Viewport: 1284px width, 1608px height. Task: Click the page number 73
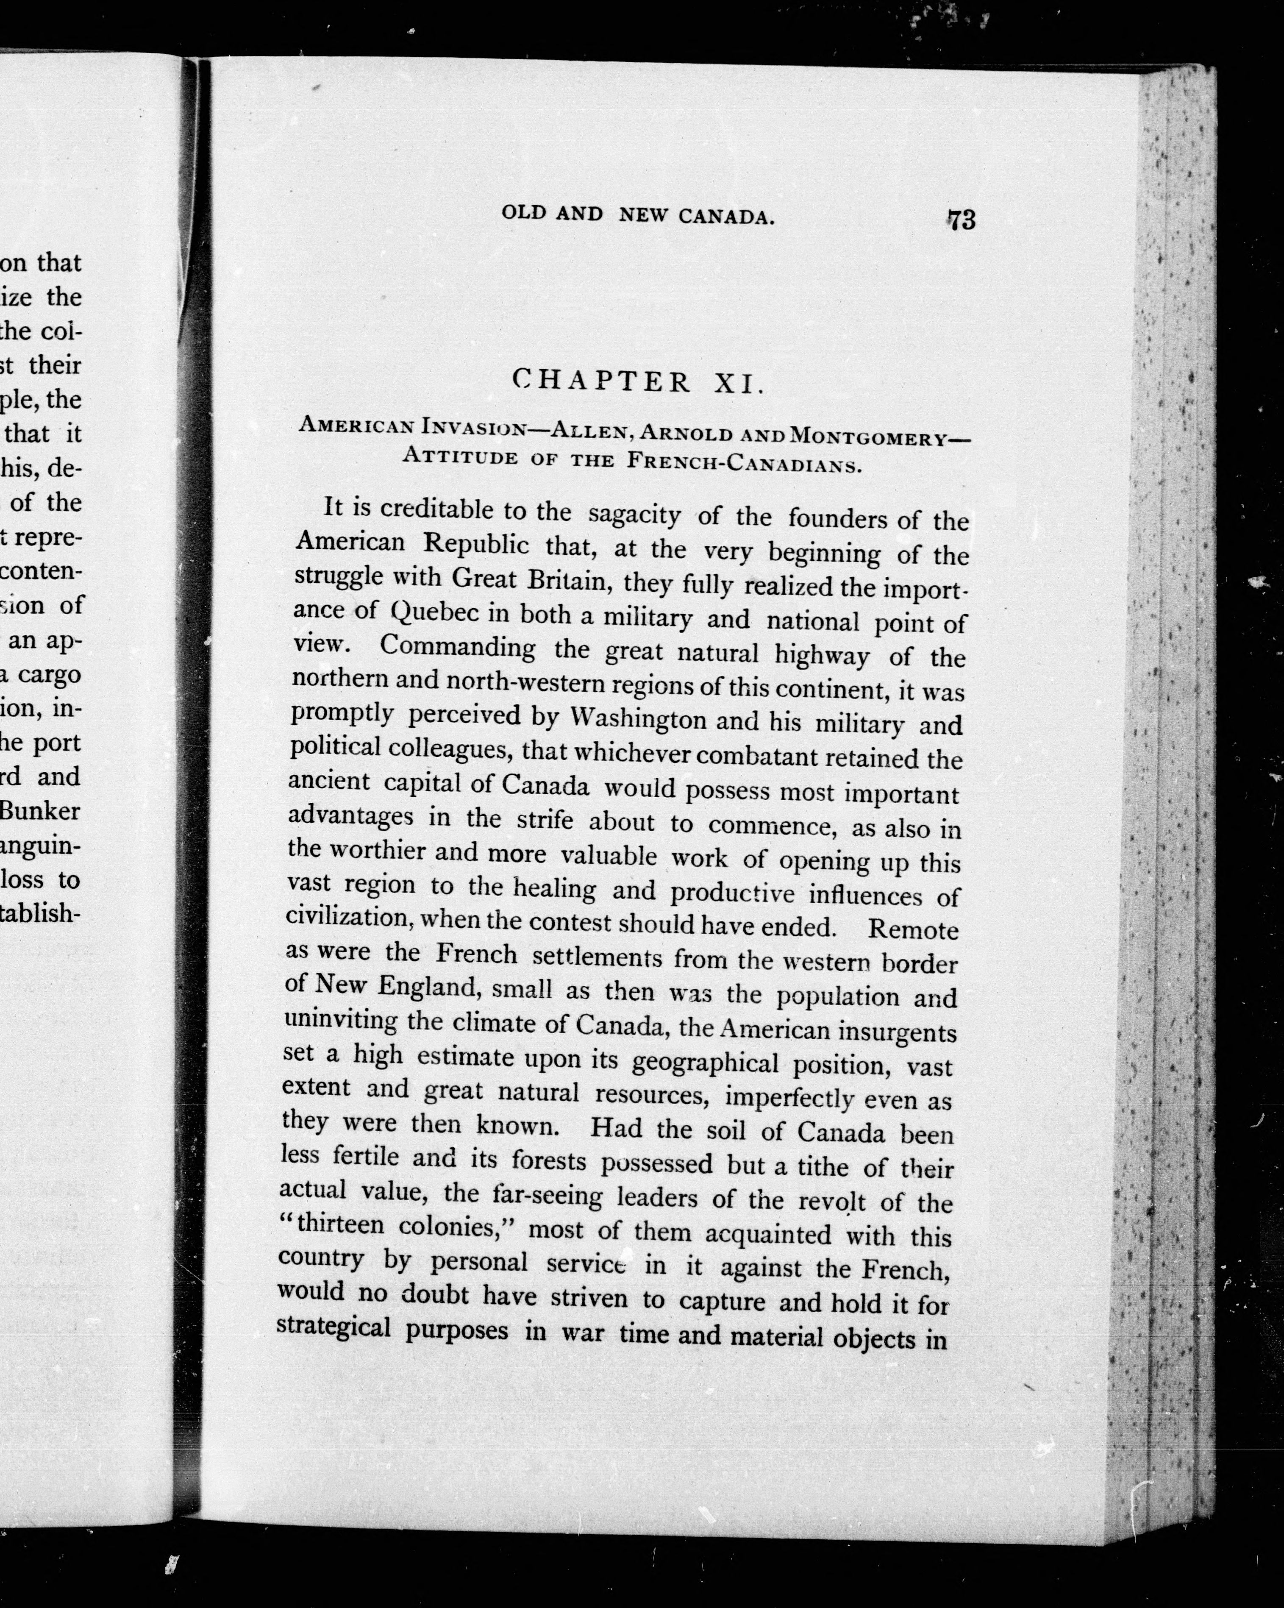tap(961, 220)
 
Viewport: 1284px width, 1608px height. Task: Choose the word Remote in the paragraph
tap(913, 929)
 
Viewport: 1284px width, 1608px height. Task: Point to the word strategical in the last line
tap(334, 1327)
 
